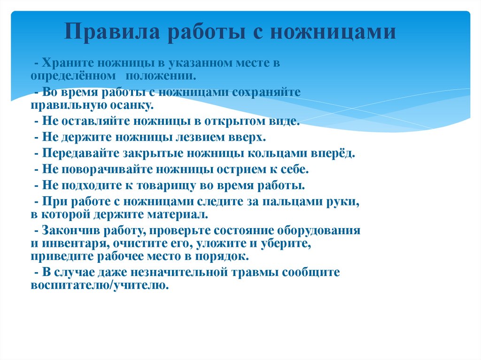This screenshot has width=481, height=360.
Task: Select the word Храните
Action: (63, 62)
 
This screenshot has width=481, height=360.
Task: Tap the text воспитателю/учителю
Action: (99, 285)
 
